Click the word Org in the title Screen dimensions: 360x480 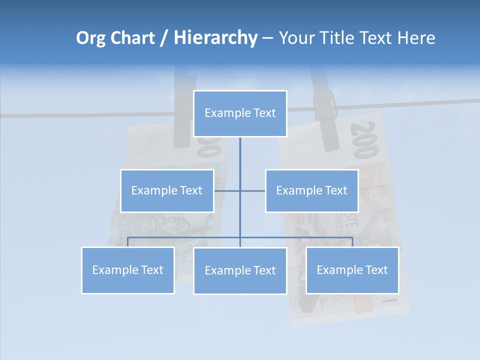91,38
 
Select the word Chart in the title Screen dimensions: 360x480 130,38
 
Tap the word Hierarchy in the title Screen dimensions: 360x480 215,38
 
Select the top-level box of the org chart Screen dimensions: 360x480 240,113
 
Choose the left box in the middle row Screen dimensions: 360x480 167,190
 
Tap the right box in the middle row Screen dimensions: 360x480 311,190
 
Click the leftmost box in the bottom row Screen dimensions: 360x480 128,270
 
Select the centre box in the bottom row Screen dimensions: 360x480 240,270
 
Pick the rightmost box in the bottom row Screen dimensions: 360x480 352,270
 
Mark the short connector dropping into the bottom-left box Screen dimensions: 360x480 128,242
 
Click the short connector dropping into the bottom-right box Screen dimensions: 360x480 352,242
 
